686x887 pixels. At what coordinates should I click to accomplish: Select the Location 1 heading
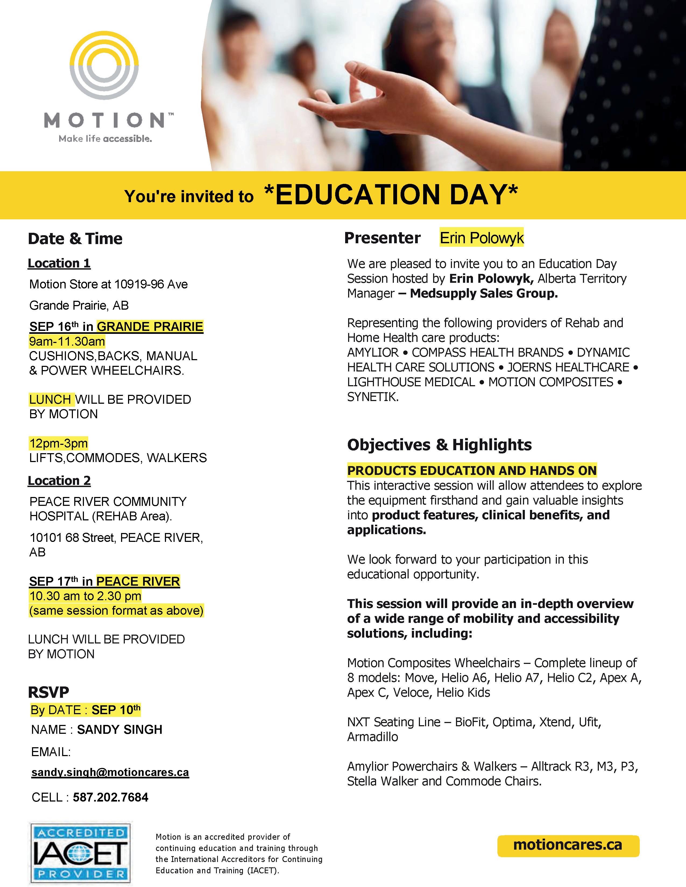point(59,263)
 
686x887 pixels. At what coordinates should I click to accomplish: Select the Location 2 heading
point(59,481)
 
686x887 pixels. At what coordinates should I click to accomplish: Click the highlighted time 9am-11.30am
point(67,341)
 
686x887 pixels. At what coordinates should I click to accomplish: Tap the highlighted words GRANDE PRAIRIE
point(150,327)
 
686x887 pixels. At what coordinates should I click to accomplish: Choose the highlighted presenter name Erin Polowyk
point(482,238)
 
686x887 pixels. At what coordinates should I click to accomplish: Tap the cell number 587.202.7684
point(111,797)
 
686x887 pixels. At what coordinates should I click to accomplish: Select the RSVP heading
point(48,692)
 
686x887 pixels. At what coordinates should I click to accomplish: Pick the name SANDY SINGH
point(119,729)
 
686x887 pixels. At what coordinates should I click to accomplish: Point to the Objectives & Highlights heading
point(439,445)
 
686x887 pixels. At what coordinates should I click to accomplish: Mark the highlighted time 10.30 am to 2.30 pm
point(85,596)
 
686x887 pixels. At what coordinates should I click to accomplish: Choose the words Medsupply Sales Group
point(484,293)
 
